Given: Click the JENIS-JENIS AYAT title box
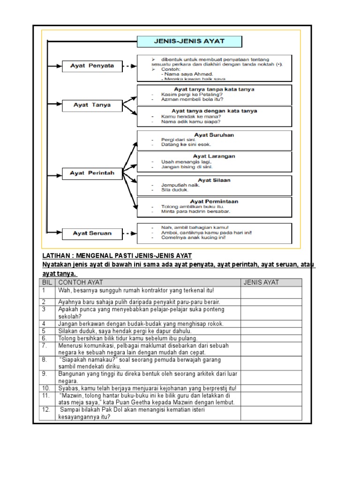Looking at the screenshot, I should click(189, 41).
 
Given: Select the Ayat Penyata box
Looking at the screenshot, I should click(91, 66).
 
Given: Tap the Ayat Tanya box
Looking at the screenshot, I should click(91, 105).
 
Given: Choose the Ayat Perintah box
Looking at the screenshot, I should click(91, 173).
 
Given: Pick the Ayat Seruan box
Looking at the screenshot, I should click(91, 232).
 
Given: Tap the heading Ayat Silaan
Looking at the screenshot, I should click(214, 180).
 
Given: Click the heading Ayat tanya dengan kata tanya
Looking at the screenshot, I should click(214, 111).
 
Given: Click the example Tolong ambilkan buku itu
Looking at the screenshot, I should click(186, 207).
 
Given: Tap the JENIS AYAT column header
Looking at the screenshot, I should click(261, 282).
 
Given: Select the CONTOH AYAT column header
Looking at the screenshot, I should click(80, 282).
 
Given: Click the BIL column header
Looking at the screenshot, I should click(47, 282).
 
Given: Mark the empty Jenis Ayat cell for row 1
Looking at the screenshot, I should click(271, 292).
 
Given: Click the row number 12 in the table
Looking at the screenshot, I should click(46, 410).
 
